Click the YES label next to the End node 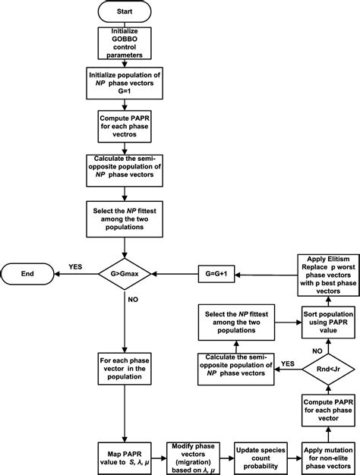[76, 266]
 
